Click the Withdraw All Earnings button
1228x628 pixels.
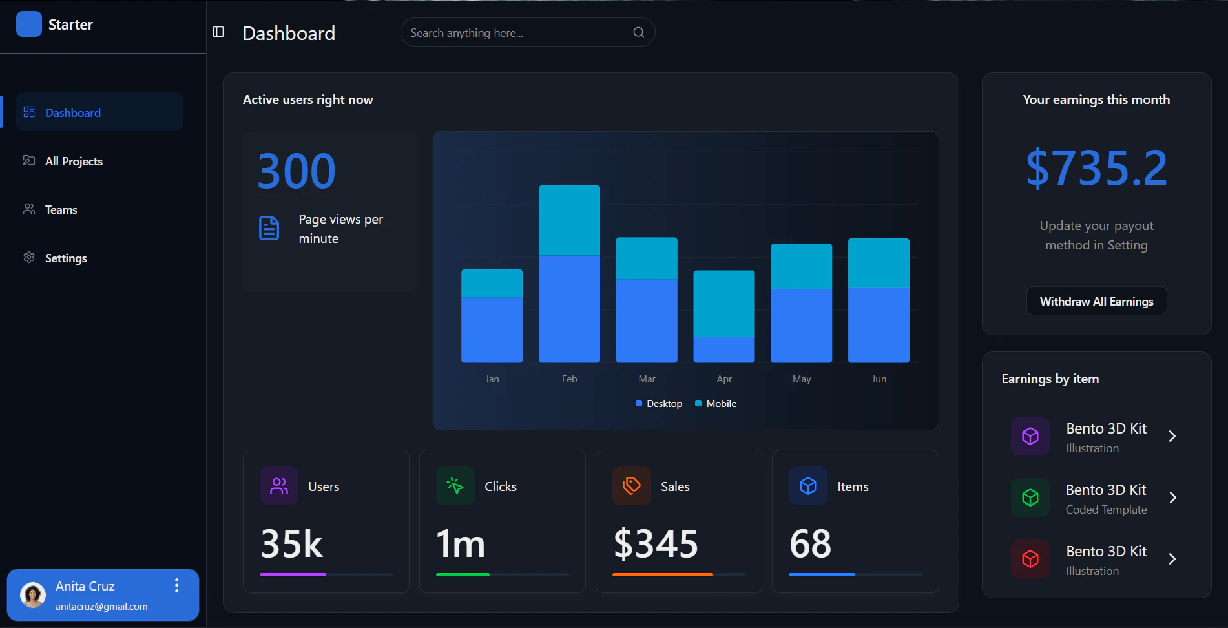click(x=1096, y=301)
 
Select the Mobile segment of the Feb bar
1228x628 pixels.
click(x=569, y=220)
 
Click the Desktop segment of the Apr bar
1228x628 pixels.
click(x=723, y=350)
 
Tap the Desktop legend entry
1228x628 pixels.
click(x=659, y=403)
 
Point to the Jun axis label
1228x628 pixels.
click(x=879, y=379)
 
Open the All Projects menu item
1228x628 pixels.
click(x=74, y=161)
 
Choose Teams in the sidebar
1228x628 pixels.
click(x=61, y=209)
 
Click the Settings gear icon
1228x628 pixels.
click(x=29, y=257)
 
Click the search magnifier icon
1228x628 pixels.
click(x=638, y=32)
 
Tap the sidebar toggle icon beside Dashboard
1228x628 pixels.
click(x=218, y=32)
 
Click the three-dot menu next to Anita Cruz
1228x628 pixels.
click(x=176, y=585)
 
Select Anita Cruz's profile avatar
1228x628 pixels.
click(x=33, y=594)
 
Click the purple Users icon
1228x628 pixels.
click(x=279, y=486)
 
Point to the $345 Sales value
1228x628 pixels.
click(x=656, y=543)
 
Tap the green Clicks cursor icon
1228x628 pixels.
click(x=455, y=486)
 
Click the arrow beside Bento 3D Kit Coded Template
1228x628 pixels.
click(x=1172, y=497)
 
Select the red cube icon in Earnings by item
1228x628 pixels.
click(x=1030, y=559)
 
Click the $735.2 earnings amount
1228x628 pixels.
click(x=1096, y=168)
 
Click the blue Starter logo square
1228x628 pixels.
click(x=28, y=24)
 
